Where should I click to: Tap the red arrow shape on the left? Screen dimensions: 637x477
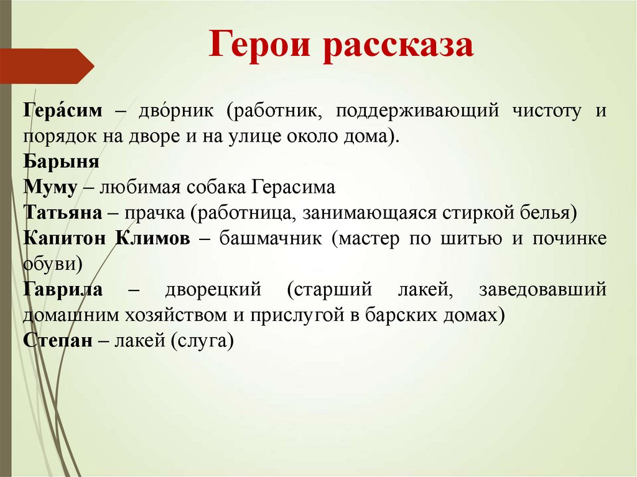tap(47, 66)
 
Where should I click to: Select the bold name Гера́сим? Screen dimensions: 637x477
tap(63, 110)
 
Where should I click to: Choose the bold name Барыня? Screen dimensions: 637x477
tap(62, 162)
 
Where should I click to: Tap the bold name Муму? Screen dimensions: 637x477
tap(50, 188)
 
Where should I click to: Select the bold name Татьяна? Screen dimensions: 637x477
tap(63, 213)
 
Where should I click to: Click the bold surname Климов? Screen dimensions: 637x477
tap(153, 239)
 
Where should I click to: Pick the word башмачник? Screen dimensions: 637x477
tap(271, 239)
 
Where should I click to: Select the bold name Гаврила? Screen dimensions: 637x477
tap(63, 290)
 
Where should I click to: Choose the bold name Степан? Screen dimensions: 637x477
tap(58, 340)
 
